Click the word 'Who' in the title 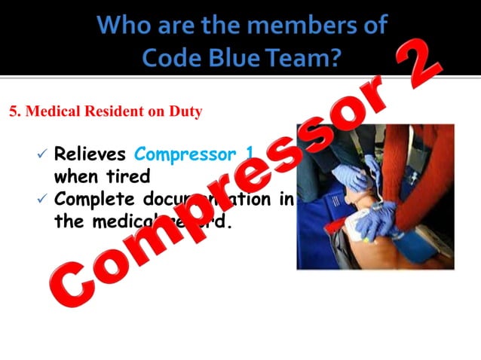(x=124, y=25)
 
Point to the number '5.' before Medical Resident (x=15, y=111)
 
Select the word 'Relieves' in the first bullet (x=90, y=155)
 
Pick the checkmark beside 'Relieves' (x=42, y=155)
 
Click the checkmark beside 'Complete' (x=42, y=200)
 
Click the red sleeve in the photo (x=422, y=181)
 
